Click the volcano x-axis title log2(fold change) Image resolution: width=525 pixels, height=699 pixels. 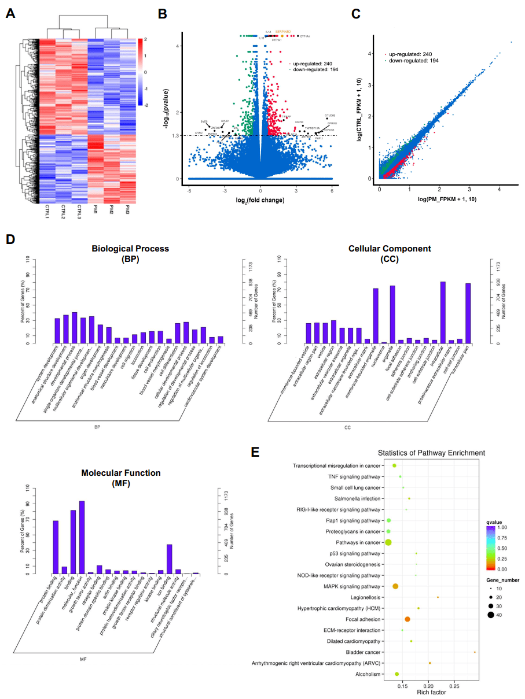click(x=260, y=199)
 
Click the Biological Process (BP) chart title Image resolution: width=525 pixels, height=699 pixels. click(x=130, y=253)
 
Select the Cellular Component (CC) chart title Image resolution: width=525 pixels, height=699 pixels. click(x=389, y=253)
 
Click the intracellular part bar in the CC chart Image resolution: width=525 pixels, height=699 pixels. click(x=468, y=313)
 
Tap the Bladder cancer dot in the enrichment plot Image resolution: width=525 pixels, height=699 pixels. click(x=475, y=652)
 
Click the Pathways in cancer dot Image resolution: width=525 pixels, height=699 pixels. click(x=388, y=542)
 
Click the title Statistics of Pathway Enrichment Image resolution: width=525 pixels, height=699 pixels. click(x=431, y=453)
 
